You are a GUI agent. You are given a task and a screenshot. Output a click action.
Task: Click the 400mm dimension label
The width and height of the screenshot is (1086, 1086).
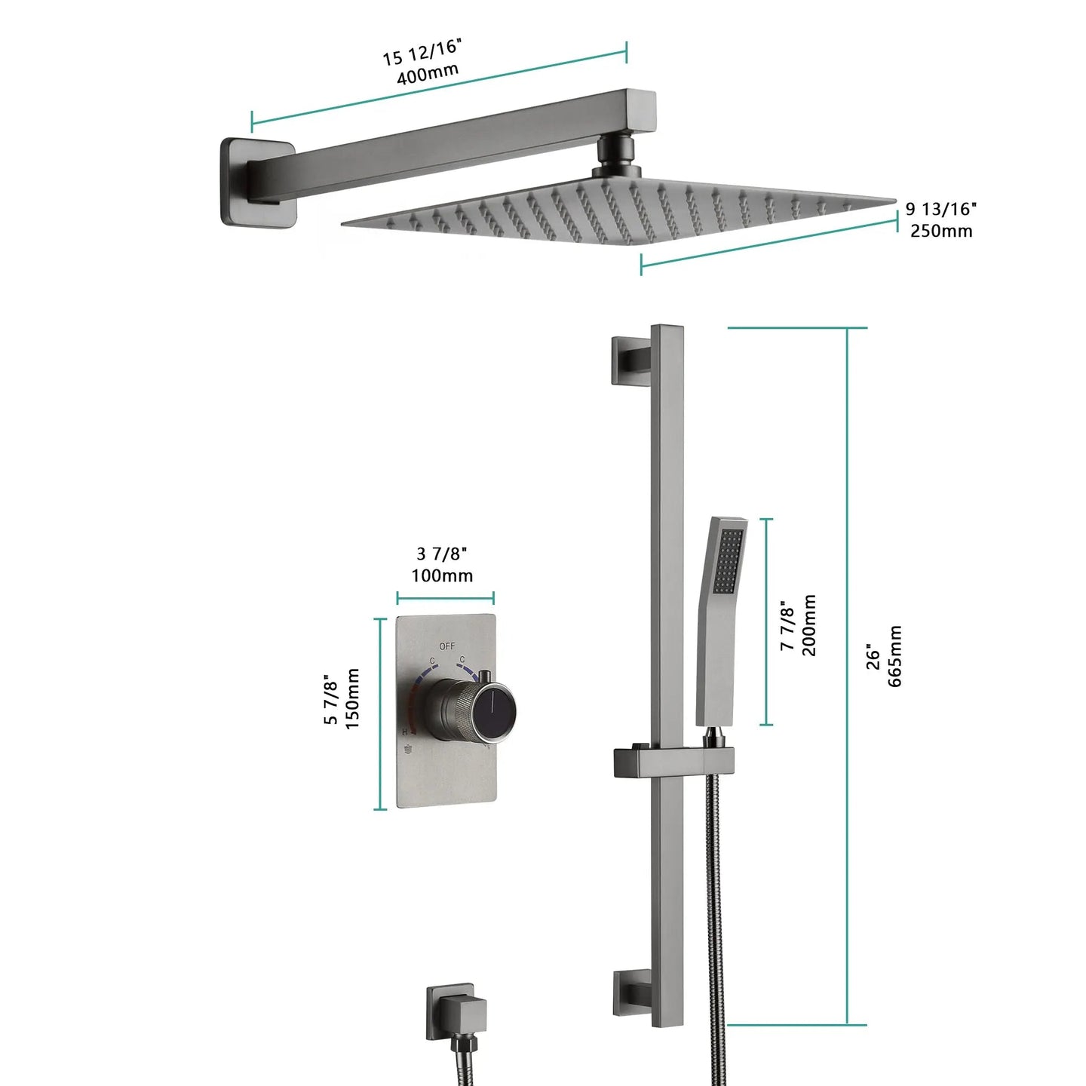tap(428, 74)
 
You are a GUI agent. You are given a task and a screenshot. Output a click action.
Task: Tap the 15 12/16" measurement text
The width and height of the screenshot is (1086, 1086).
tap(421, 51)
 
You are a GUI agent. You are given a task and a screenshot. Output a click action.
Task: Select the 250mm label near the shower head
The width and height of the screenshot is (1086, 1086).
tap(940, 231)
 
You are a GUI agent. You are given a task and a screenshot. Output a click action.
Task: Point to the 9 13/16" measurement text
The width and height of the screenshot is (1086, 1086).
tap(940, 208)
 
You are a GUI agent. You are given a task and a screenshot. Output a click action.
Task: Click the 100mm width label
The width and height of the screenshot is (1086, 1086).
tap(442, 575)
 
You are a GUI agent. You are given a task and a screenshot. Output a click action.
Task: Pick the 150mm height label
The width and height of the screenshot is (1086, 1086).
tap(352, 698)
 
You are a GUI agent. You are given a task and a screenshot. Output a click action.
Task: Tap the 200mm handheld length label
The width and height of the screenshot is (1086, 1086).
tap(808, 625)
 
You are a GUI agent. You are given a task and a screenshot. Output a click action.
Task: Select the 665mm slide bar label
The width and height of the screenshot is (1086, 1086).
tap(895, 656)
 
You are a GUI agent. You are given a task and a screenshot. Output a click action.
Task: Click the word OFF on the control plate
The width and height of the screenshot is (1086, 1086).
tap(447, 646)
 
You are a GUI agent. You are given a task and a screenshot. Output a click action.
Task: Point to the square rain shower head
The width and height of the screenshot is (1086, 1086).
tap(618, 215)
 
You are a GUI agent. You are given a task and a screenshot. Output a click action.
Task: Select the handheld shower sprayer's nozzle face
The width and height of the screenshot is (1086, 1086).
tap(729, 561)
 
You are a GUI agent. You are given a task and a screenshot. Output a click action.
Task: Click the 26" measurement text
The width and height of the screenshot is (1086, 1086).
tap(873, 656)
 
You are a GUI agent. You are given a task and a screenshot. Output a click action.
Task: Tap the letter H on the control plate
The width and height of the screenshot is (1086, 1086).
tap(405, 732)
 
